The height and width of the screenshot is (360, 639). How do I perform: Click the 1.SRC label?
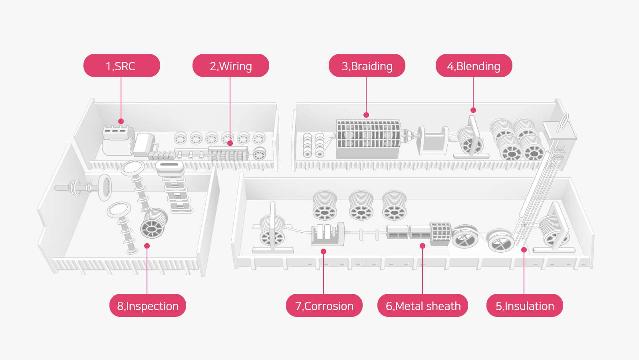tap(121, 66)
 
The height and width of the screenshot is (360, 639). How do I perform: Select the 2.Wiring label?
tap(230, 66)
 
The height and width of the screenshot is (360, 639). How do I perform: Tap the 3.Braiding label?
tap(367, 66)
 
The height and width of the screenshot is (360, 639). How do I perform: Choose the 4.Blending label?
tap(474, 66)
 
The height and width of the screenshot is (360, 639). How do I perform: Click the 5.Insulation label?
tap(524, 306)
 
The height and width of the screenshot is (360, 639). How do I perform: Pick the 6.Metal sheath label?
tap(423, 306)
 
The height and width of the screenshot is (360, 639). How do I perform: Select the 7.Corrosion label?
tap(324, 306)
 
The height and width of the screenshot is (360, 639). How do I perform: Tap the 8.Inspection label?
tap(147, 306)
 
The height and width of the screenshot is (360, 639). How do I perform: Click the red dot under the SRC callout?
tap(121, 121)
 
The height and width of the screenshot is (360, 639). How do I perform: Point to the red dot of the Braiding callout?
tap(366, 115)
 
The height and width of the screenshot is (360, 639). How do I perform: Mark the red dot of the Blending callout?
tap(473, 110)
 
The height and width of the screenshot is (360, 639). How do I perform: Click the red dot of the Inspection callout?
tap(147, 246)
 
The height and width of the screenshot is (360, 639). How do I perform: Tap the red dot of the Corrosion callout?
tap(323, 251)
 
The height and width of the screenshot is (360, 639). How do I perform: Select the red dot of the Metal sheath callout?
tap(423, 246)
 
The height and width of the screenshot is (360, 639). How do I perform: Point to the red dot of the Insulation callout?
tap(524, 250)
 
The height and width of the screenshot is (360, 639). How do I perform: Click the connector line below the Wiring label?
tap(230, 108)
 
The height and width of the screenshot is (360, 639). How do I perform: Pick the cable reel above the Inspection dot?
tap(154, 224)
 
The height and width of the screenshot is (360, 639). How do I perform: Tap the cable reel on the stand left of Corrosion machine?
tap(272, 231)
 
